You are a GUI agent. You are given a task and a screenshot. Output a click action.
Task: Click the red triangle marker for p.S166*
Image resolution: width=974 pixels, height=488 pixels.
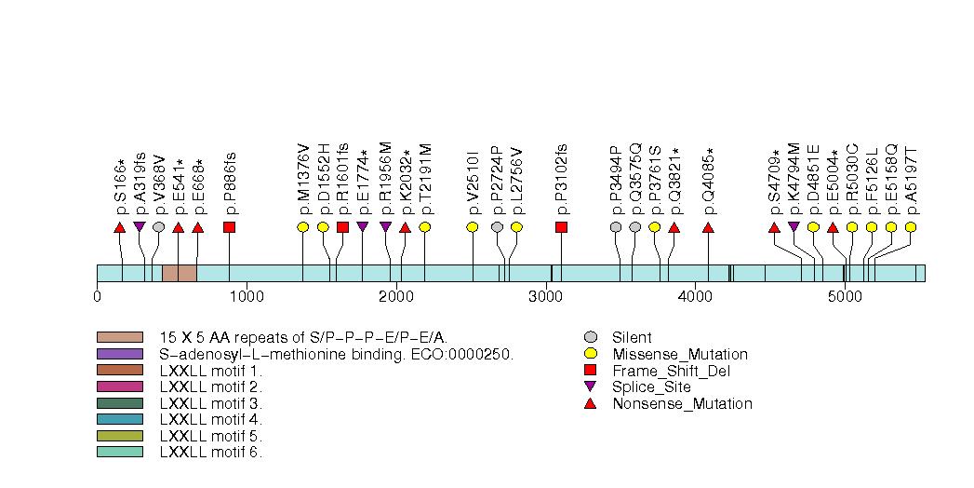119,227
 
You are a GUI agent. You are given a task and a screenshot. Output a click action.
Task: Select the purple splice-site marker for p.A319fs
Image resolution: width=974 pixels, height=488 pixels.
140,226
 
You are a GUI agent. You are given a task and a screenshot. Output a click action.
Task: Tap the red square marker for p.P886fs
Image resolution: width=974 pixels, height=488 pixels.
229,227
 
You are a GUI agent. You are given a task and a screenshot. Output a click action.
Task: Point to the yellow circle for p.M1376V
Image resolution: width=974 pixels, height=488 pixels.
302,227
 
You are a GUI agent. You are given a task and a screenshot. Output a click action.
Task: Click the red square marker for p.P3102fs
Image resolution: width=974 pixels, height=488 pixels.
561,227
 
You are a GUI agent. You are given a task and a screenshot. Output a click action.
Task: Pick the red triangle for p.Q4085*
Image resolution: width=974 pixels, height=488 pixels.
708,227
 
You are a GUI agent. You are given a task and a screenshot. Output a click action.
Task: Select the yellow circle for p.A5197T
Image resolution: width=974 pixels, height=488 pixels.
911,227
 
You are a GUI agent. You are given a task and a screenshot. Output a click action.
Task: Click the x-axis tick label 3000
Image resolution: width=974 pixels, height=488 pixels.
545,297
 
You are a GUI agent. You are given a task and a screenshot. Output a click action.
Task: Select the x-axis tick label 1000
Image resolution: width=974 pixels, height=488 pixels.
247,297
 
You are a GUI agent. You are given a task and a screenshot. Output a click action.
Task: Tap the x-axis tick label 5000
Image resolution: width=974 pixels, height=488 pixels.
844,297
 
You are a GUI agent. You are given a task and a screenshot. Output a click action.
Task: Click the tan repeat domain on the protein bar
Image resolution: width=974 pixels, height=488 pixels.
179,272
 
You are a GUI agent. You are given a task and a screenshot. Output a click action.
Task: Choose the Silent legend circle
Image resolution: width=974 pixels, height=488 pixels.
590,337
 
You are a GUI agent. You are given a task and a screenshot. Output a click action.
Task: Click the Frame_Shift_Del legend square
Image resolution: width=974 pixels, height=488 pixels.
590,371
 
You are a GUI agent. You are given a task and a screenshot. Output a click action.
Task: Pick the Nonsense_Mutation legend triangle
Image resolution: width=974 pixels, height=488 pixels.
590,403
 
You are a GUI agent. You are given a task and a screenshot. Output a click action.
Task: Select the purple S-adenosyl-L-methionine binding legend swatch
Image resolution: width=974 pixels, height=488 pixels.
119,354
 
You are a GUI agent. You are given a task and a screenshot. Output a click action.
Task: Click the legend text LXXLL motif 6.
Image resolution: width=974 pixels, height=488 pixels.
211,453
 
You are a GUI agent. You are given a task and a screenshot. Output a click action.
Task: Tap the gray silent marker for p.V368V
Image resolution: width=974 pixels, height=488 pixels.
159,227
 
